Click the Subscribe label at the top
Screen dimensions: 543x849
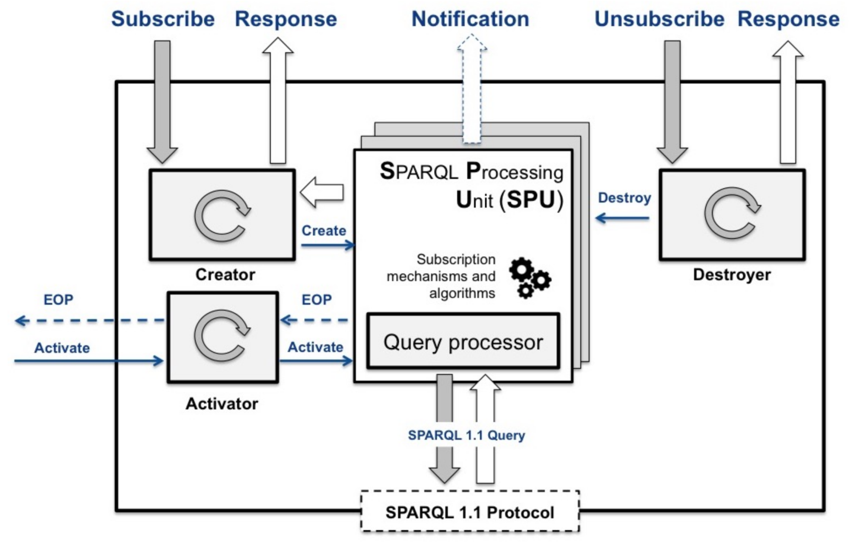(163, 19)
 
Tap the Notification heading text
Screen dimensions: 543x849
(470, 19)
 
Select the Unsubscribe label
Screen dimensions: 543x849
(659, 19)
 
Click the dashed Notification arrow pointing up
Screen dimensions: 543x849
(472, 89)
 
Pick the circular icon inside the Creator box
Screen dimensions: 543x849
(222, 215)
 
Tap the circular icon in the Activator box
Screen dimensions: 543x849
(222, 335)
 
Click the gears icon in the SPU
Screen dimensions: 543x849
(530, 278)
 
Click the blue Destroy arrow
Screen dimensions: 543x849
(622, 218)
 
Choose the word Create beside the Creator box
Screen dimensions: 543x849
(324, 231)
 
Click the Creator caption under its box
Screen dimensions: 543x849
(225, 275)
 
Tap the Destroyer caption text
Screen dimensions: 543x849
(732, 275)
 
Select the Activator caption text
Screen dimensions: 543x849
(222, 404)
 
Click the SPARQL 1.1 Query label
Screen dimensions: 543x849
(466, 435)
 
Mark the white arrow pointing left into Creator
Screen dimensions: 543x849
(322, 192)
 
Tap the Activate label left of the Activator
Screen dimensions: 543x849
(62, 348)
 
